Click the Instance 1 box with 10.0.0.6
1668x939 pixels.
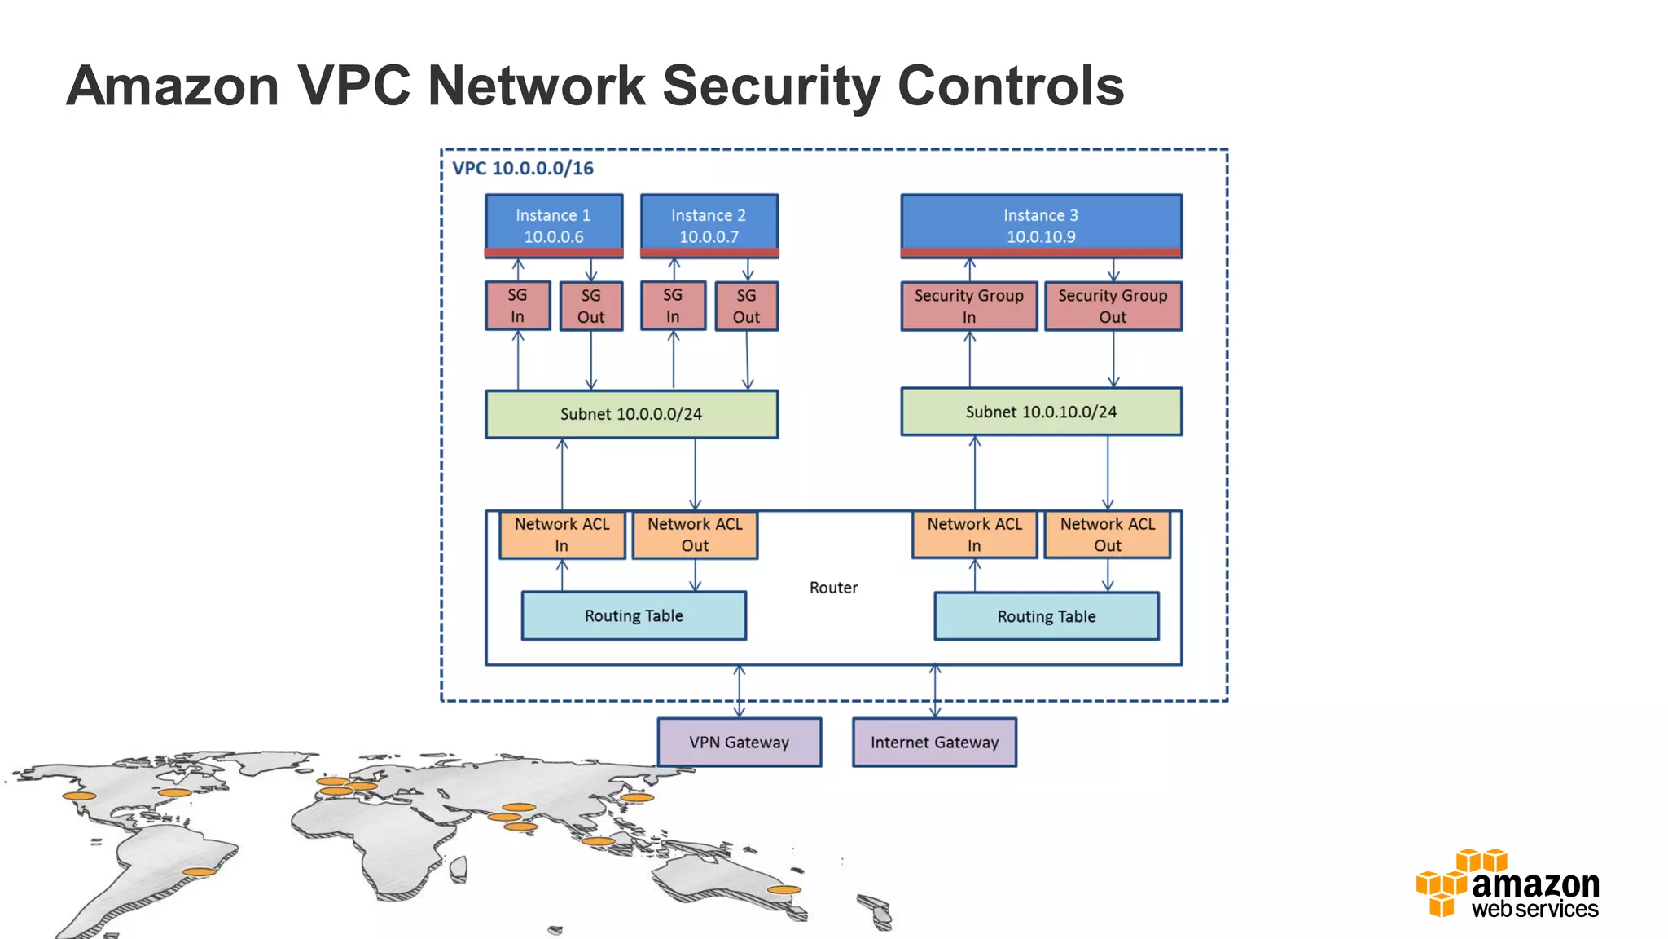click(554, 225)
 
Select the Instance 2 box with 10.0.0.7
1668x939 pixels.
click(709, 225)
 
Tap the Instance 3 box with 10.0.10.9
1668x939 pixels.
click(1041, 225)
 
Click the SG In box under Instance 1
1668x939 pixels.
click(517, 306)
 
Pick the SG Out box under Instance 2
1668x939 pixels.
click(746, 306)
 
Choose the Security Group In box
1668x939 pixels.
click(968, 306)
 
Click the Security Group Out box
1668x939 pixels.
click(1113, 306)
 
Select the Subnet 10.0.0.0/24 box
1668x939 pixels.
click(631, 414)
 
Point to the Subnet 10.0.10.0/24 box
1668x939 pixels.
click(1041, 412)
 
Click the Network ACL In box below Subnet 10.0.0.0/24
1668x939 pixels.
click(562, 535)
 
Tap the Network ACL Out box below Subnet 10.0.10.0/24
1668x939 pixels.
click(1107, 535)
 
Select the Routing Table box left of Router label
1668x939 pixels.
click(634, 616)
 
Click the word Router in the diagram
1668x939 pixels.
click(833, 588)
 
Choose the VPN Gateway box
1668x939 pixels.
click(739, 743)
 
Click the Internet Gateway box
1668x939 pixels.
click(934, 743)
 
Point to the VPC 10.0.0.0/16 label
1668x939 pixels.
click(523, 169)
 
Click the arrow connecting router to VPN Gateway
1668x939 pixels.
click(739, 691)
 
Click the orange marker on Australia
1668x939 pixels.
click(784, 890)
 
